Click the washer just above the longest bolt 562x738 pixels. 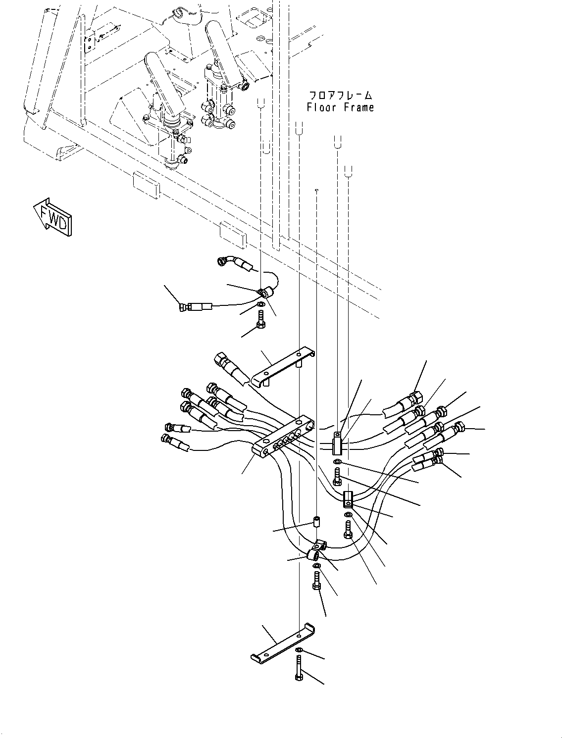299,650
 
